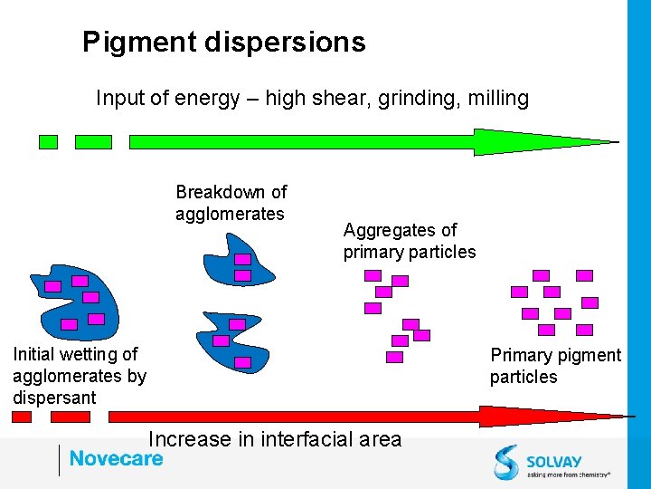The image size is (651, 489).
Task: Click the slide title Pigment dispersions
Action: tap(223, 43)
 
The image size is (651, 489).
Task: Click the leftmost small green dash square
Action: tap(48, 142)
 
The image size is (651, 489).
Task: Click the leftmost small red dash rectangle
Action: tap(22, 417)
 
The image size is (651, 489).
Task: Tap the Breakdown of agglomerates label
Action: tap(231, 203)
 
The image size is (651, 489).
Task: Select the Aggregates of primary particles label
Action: tap(409, 241)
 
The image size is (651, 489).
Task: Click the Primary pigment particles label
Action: tap(555, 366)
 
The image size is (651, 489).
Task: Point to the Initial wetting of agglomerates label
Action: tap(79, 376)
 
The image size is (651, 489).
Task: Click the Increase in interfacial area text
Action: tap(274, 440)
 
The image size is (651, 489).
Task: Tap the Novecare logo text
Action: tap(116, 458)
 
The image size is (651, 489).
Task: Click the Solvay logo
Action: tap(552, 460)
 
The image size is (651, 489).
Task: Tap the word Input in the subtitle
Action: tap(119, 98)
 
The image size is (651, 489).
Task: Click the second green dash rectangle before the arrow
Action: tap(93, 142)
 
